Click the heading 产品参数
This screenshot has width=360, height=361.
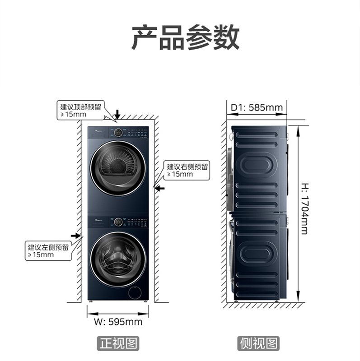(185, 37)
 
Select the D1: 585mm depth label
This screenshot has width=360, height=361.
(257, 107)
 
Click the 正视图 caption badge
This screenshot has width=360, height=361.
(118, 343)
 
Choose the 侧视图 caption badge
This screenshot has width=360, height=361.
(258, 343)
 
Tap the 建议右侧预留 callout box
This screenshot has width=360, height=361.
(187, 170)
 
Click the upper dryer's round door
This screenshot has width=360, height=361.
(117, 167)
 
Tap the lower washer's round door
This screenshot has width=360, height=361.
(117, 259)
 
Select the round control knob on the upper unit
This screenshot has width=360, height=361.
(117, 133)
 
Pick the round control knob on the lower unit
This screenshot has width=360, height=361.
(117, 222)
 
